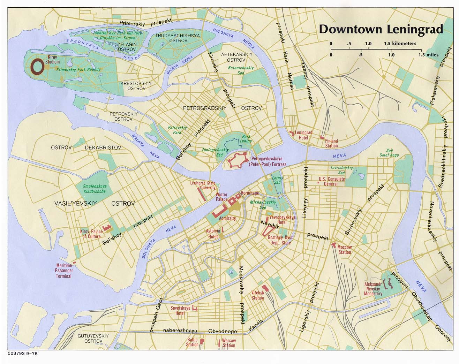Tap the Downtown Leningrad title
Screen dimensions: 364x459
pos(381,29)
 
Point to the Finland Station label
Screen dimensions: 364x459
pos(332,143)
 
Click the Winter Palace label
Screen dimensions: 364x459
pos(221,197)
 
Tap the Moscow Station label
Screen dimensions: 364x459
pos(344,250)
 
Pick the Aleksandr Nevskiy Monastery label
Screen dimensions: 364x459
pos(373,289)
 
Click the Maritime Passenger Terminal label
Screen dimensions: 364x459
pos(64,271)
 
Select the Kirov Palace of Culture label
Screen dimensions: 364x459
pos(91,234)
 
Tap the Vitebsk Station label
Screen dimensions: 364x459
pos(257,296)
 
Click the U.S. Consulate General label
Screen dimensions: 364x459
pos(331,181)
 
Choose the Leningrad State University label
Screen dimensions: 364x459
pos(203,185)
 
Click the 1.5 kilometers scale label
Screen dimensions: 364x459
pos(400,44)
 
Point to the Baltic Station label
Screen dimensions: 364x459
pos(192,342)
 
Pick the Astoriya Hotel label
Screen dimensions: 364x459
pos(213,233)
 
